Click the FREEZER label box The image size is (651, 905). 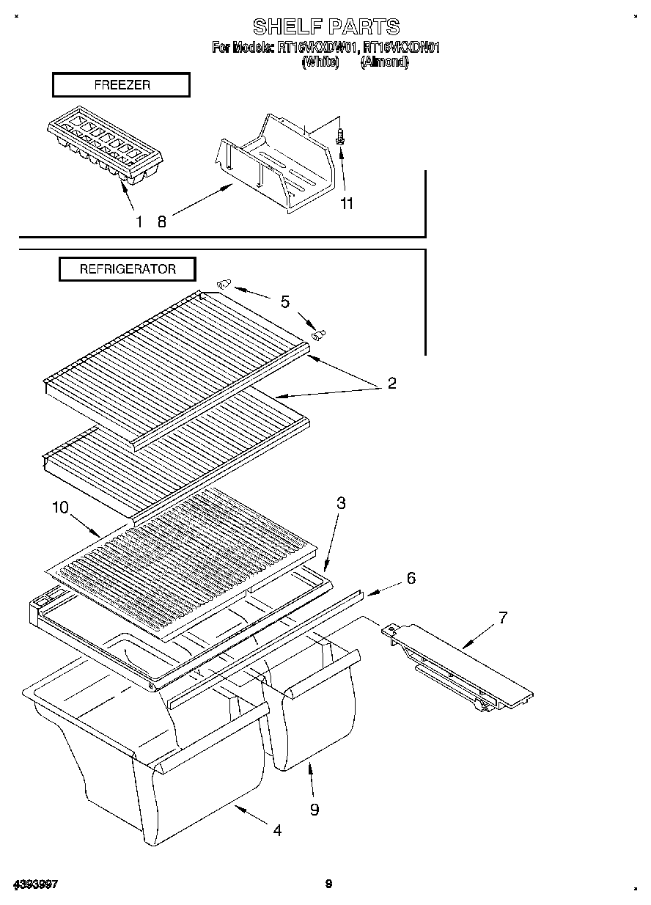tap(121, 85)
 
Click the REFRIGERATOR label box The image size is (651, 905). tap(128, 269)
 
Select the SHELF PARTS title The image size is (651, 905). tap(326, 27)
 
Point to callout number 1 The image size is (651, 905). tap(139, 221)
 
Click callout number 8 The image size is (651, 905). tap(162, 221)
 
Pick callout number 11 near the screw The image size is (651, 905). tap(346, 204)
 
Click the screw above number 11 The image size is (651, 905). tap(342, 136)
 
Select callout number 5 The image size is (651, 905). tap(284, 301)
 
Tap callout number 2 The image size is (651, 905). tap(391, 384)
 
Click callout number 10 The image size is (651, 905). tap(60, 507)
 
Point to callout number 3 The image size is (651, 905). tap(341, 503)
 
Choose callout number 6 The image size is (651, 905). tap(411, 578)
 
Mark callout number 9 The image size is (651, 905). tap(314, 809)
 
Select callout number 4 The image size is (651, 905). tap(277, 830)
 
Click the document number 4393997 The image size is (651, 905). tap(34, 884)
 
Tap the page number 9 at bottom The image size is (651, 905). tap(329, 884)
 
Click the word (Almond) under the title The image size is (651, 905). tap(384, 62)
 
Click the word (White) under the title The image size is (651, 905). tap(320, 62)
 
